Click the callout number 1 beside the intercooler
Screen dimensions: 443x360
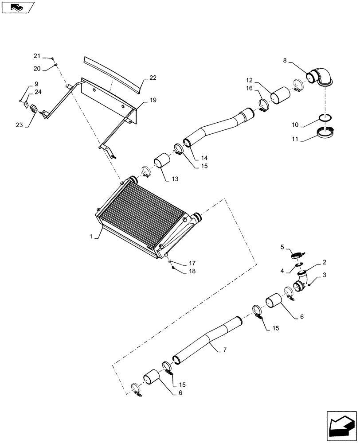pos(91,237)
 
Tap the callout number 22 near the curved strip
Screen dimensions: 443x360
pos(153,78)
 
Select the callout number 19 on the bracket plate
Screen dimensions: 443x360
pos(153,101)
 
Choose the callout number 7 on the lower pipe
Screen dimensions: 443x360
pos(225,350)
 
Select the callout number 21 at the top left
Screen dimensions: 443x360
pos(37,56)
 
